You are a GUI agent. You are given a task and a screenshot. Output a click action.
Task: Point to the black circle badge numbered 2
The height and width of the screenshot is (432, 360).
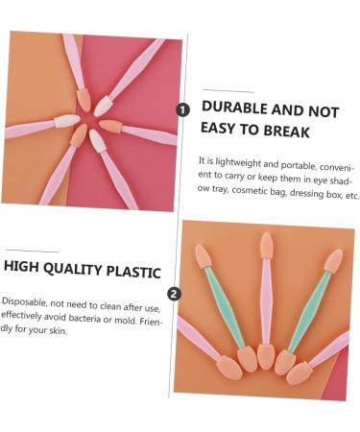[x=173, y=294]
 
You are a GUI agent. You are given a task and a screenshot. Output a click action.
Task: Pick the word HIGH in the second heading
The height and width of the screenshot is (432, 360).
[x=25, y=271]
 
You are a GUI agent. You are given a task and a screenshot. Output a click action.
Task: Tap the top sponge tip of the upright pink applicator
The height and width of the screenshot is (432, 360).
[x=266, y=245]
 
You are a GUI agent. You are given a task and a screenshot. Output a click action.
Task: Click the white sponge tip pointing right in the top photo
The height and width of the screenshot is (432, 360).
[x=66, y=121]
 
